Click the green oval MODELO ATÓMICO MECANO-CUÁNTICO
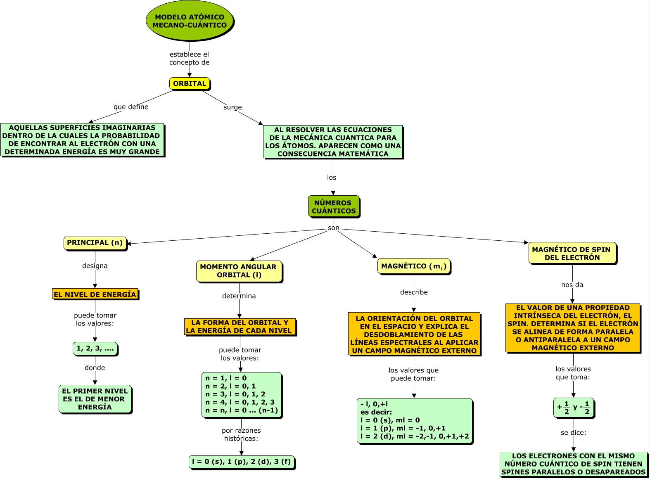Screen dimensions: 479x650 (190, 21)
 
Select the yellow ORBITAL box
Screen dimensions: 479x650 (190, 83)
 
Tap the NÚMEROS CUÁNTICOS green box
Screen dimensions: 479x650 (334, 206)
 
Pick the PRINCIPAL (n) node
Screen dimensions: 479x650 (95, 243)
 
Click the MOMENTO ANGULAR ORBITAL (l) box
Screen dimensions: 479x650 (239, 271)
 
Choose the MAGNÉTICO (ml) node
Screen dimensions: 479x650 (414, 266)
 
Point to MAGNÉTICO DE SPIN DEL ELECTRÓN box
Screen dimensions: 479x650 (572, 253)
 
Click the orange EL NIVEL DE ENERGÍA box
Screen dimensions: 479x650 (95, 294)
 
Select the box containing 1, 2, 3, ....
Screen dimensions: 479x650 (95, 349)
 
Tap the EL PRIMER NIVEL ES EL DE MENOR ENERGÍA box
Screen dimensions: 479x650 (95, 399)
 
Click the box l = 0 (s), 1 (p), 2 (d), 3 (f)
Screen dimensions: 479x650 (242, 462)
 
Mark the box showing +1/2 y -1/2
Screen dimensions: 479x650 (573, 408)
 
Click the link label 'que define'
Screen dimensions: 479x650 (131, 107)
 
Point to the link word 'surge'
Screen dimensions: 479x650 (232, 107)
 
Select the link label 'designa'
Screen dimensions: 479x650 (95, 266)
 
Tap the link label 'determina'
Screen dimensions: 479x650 (239, 296)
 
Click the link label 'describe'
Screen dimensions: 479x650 (414, 292)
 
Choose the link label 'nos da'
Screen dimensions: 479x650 (572, 285)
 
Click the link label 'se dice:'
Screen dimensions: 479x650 (573, 433)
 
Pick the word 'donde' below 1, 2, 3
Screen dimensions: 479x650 (95, 368)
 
